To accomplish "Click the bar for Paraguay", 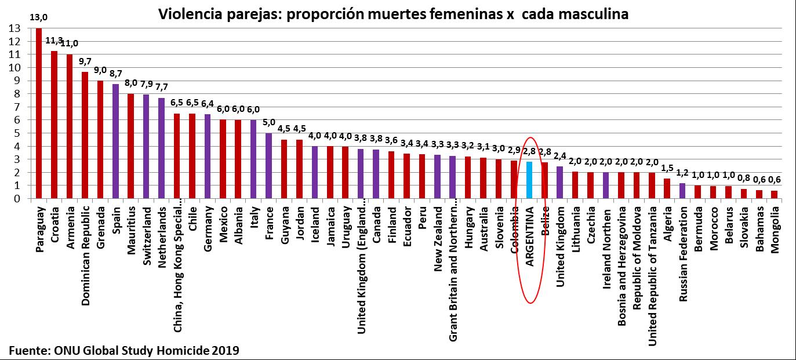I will [39, 113].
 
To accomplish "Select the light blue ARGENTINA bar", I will [529, 180].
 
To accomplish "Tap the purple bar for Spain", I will [115, 141].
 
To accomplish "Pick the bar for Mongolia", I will [774, 195].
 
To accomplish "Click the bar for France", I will [268, 166].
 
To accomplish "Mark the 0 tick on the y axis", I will [17, 198].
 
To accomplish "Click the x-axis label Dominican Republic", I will [85, 250].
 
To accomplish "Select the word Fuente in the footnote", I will [26, 350].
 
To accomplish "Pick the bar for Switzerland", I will [146, 147].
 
